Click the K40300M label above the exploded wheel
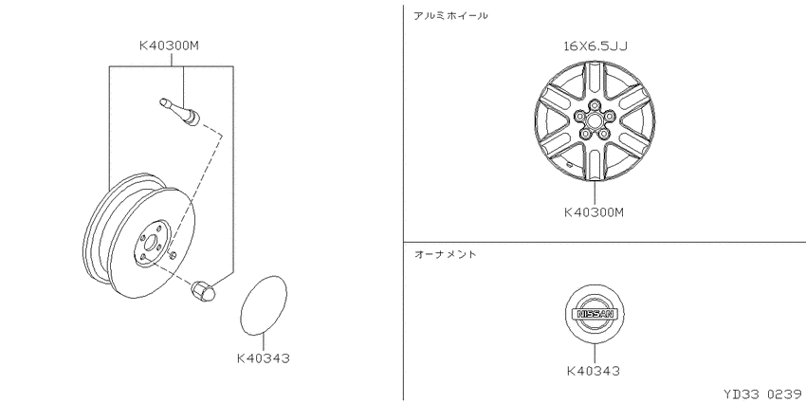coord(169,46)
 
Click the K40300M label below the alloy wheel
coord(594,211)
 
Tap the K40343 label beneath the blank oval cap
coord(264,357)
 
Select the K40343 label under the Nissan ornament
coord(594,371)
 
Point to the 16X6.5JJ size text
coord(595,46)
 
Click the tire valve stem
coord(180,112)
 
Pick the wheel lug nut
coord(203,290)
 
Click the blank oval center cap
coord(264,305)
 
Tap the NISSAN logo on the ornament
coord(595,314)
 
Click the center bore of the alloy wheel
coord(595,120)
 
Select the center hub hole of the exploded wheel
coord(151,242)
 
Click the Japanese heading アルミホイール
coord(450,16)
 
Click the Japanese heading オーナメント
coord(445,254)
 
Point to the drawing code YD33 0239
coord(764,394)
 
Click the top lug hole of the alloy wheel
coord(595,105)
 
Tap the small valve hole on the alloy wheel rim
coord(570,164)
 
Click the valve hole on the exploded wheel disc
coord(173,255)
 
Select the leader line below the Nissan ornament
coord(595,354)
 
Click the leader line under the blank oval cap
coord(264,342)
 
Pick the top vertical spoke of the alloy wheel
coord(595,81)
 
